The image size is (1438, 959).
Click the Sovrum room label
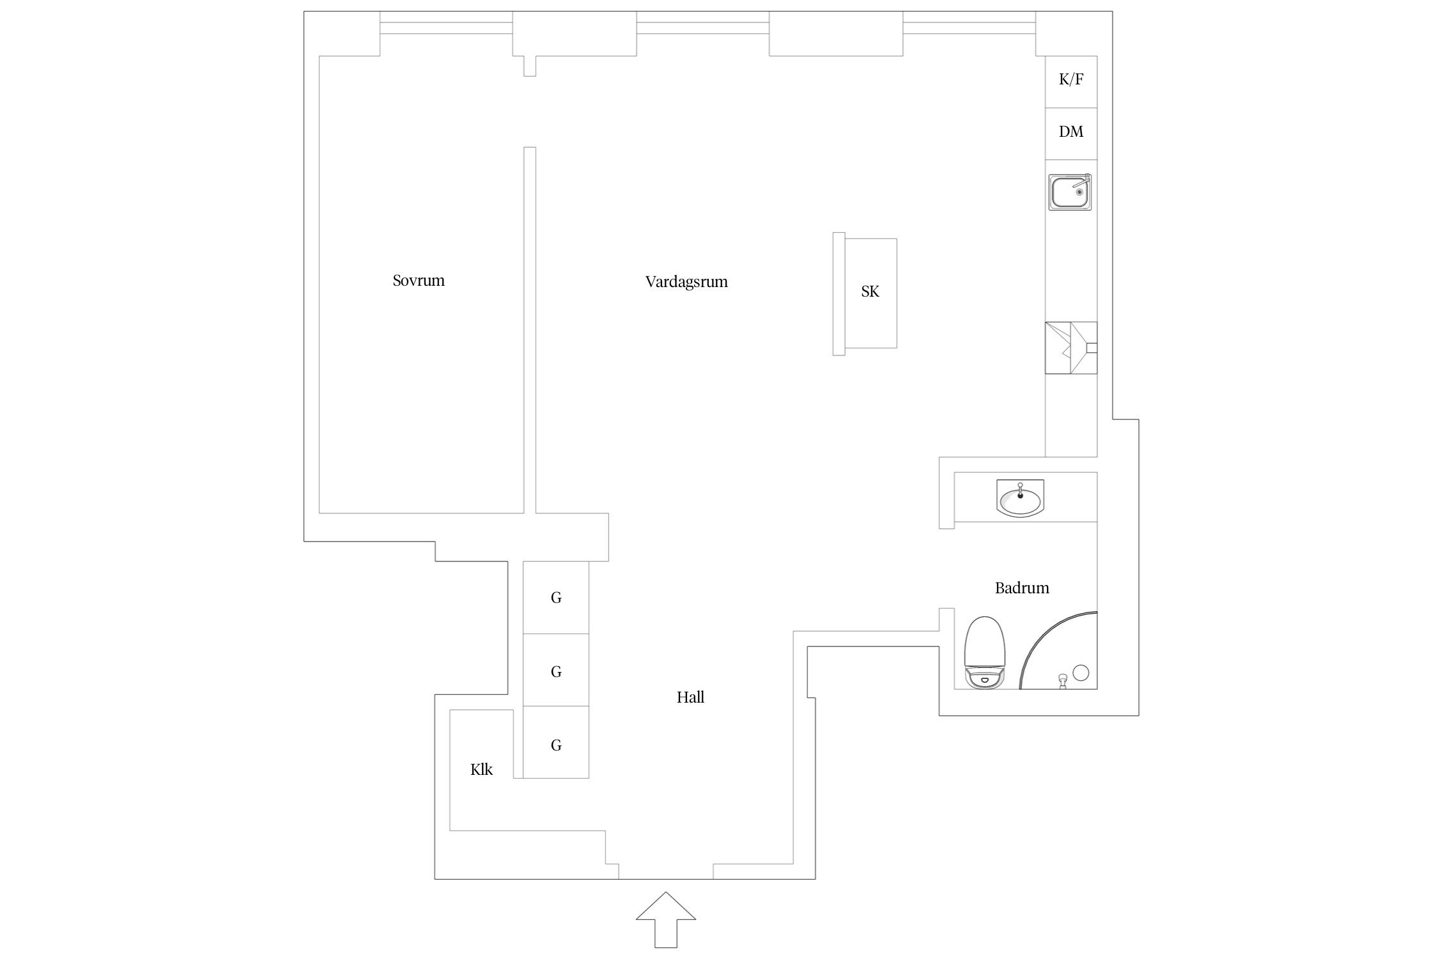click(419, 281)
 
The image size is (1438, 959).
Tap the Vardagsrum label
click(686, 282)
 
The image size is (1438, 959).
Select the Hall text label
click(690, 697)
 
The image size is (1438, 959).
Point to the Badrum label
click(1022, 588)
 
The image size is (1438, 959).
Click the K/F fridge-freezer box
click(1071, 82)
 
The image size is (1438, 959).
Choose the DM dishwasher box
click(1071, 134)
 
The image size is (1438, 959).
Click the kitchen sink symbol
click(1070, 192)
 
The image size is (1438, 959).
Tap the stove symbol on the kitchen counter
click(1071, 348)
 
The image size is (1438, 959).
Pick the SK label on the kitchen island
click(870, 292)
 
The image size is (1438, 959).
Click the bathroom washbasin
click(1020, 499)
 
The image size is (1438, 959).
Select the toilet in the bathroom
click(985, 653)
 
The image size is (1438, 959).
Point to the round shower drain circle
click(1081, 673)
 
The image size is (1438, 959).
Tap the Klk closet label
click(481, 769)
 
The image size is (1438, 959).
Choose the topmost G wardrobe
click(556, 597)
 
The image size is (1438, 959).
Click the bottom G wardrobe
click(556, 742)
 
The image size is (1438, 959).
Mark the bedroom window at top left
click(446, 27)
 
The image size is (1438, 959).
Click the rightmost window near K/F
click(969, 27)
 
